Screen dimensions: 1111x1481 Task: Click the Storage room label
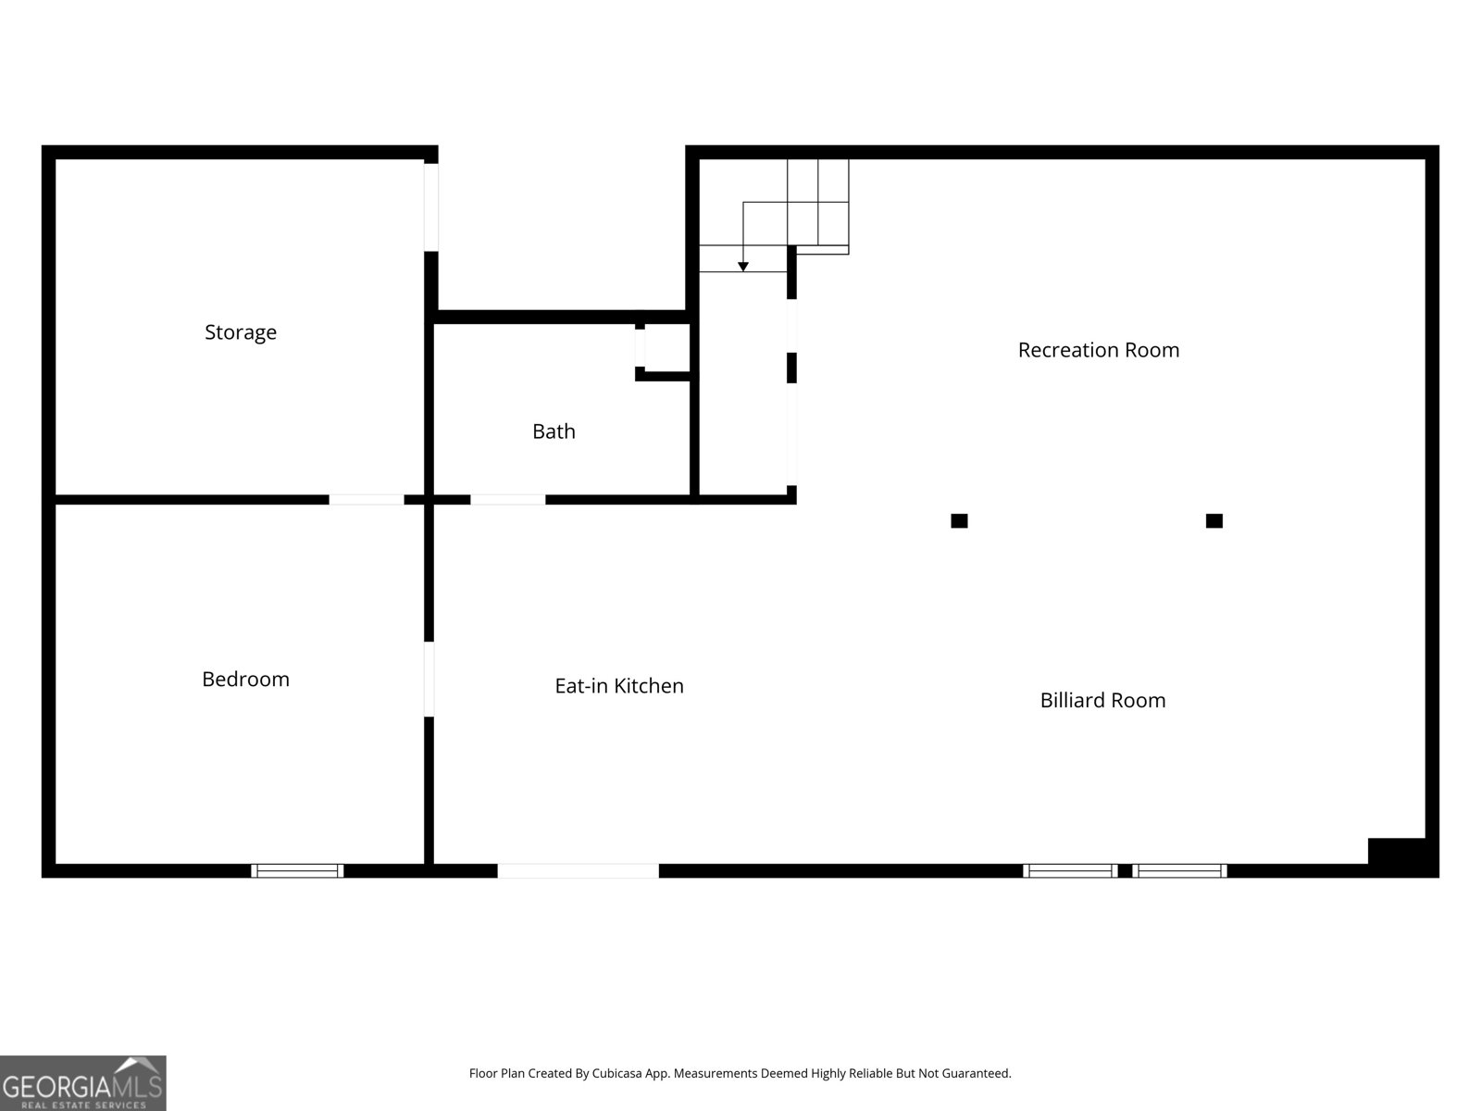pos(241,331)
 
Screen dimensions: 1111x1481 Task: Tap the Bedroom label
pos(245,679)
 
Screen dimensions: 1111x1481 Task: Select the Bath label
pos(554,431)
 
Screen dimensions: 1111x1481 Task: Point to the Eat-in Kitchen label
pos(618,685)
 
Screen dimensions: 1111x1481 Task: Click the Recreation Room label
pos(1098,349)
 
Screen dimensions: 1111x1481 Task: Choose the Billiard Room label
pos(1102,700)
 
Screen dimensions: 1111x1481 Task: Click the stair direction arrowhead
pos(742,267)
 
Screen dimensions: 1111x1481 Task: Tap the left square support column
pos(959,521)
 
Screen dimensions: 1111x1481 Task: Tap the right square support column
pos(1213,521)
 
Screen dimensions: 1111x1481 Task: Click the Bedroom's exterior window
pos(297,870)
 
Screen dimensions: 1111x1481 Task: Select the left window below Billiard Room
pos(1070,870)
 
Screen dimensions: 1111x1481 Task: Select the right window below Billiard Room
pos(1179,870)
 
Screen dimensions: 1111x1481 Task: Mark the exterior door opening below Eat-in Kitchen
pos(579,870)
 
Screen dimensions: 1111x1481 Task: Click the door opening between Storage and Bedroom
pos(367,500)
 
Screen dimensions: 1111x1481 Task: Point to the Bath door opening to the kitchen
pos(507,500)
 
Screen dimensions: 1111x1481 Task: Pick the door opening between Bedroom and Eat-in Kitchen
pos(429,679)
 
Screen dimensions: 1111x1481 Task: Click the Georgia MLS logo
pos(82,1083)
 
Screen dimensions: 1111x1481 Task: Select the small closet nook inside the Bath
pos(666,348)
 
